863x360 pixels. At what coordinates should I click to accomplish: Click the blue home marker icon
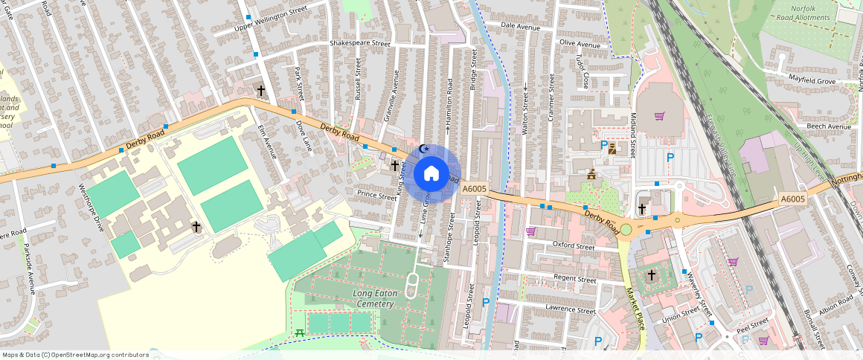pyautogui.click(x=431, y=174)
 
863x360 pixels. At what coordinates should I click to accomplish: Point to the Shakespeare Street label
pyautogui.click(x=360, y=44)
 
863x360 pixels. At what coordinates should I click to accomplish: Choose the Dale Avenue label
pyautogui.click(x=520, y=26)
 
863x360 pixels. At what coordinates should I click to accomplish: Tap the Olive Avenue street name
pyautogui.click(x=579, y=45)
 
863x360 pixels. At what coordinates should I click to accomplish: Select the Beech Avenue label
pyautogui.click(x=829, y=126)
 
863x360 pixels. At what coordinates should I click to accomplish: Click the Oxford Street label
pyautogui.click(x=574, y=246)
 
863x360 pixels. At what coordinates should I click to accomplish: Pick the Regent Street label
pyautogui.click(x=575, y=280)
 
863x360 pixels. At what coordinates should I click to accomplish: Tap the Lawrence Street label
pyautogui.click(x=571, y=310)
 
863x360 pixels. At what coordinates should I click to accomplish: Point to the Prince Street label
pyautogui.click(x=377, y=196)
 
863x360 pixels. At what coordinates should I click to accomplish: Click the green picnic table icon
pyautogui.click(x=299, y=332)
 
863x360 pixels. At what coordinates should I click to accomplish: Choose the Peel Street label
pyautogui.click(x=753, y=324)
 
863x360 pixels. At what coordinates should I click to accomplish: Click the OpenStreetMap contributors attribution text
pyautogui.click(x=76, y=355)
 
